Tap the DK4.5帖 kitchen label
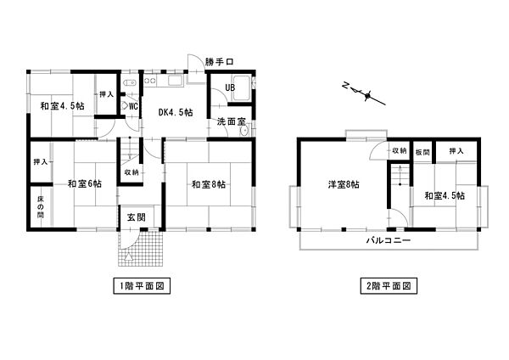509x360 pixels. (x=175, y=112)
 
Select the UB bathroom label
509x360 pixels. (x=230, y=87)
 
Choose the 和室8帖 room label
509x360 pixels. (x=208, y=184)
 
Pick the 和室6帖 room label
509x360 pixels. (x=85, y=184)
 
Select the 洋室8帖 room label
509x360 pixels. (x=343, y=184)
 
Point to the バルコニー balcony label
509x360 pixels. (x=389, y=241)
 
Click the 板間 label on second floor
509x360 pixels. (x=422, y=151)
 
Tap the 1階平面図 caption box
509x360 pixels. (x=142, y=286)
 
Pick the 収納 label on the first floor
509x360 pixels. (x=131, y=172)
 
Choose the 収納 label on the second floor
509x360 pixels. (x=399, y=151)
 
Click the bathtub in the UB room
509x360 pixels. (x=238, y=87)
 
